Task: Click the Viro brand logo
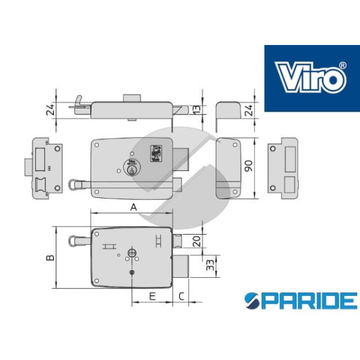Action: coord(312,78)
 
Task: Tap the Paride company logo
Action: coord(301,301)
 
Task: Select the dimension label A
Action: coord(134,208)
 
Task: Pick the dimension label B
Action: coord(50,257)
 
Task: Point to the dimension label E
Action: coord(152,296)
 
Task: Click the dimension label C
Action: coord(181,296)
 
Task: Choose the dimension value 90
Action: coord(248,166)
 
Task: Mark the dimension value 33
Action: coord(210,265)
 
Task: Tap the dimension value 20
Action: coord(197,241)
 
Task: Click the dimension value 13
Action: coord(197,110)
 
